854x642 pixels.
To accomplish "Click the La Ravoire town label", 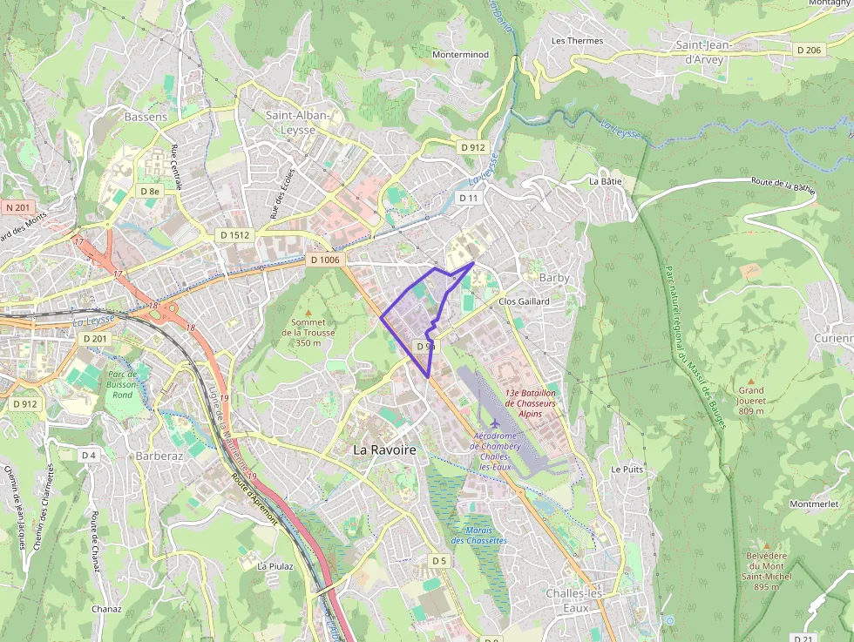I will (384, 449).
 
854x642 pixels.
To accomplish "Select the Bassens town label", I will (146, 117).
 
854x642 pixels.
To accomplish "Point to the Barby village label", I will (554, 278).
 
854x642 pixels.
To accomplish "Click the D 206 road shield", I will (809, 51).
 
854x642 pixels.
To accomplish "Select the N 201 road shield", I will (17, 207).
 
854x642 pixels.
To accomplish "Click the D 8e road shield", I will (149, 191).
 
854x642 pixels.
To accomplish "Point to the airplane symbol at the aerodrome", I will (496, 423).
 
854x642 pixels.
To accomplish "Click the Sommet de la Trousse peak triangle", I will (308, 312).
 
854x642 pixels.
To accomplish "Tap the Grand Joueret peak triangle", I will (750, 379).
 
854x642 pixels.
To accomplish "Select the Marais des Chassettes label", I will (478, 535).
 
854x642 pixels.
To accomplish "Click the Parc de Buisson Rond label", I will (122, 384).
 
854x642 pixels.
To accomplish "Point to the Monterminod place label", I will (460, 54).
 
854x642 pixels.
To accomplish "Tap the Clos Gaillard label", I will (525, 302).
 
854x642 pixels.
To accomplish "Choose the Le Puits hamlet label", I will (627, 469).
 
